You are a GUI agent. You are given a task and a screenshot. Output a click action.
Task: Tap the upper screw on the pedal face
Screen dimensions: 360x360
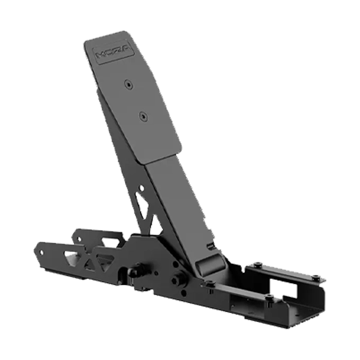tap(128, 85)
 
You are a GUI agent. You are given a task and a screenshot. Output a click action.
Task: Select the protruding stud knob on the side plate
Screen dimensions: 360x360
tap(178, 280)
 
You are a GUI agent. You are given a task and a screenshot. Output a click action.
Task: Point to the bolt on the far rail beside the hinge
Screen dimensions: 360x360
tap(257, 262)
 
